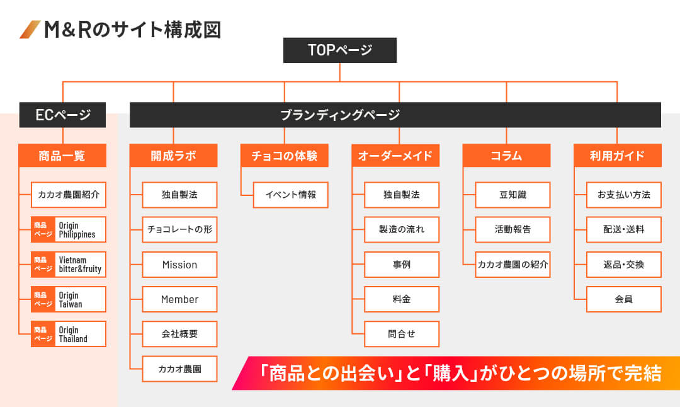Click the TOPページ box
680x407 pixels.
339,50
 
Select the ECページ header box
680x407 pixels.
62,115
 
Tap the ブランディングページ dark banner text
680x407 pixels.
340,115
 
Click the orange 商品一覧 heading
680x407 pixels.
62,156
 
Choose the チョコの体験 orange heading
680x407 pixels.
284,156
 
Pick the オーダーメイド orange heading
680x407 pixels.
395,156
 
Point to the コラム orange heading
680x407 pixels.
506,156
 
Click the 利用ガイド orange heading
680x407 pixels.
617,156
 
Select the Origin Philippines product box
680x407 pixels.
69,229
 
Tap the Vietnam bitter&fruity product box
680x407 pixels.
69,264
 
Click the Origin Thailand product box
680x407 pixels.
69,334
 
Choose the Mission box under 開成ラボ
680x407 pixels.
179,264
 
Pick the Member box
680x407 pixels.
179,299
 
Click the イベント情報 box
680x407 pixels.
290,195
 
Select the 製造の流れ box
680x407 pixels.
402,229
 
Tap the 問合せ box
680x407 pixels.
402,334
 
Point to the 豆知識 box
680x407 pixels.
513,195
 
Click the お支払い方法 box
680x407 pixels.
623,195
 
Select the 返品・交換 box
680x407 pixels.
623,264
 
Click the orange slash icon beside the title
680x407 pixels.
30,30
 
